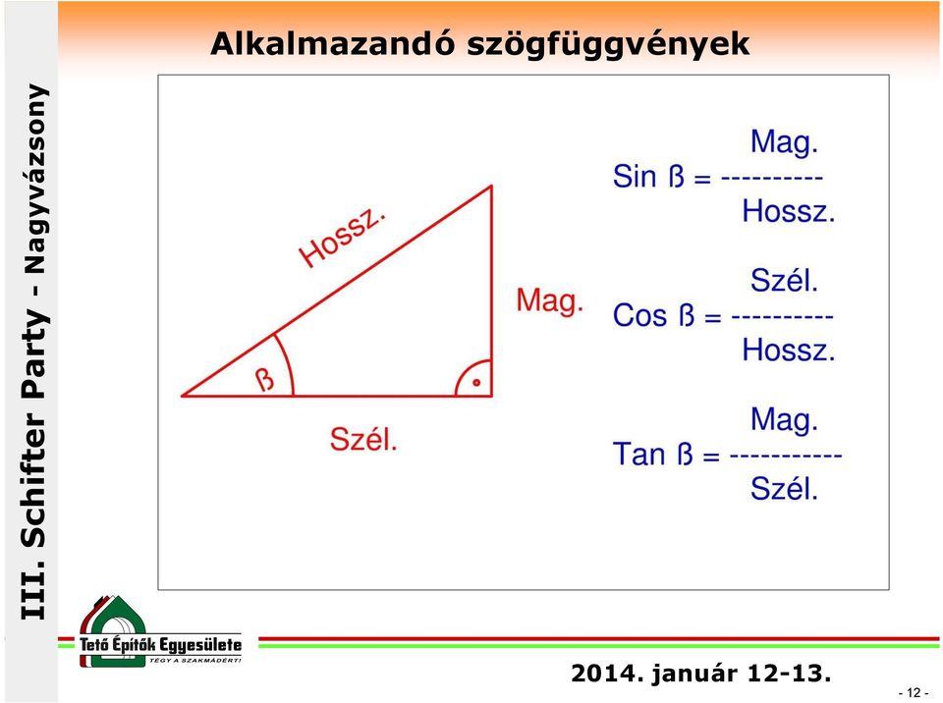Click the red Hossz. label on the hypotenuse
(342, 239)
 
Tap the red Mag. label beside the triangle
(550, 300)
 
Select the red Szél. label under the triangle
(363, 439)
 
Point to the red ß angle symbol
(264, 379)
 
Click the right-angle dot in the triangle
(476, 383)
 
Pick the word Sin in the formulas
(635, 177)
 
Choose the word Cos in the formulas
(639, 315)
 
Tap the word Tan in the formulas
(639, 454)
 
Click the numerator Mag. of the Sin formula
(784, 143)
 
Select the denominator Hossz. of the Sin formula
(789, 211)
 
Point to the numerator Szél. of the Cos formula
(784, 280)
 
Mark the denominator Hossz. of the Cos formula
(789, 350)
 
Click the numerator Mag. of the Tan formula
(784, 420)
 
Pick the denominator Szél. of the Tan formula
(784, 488)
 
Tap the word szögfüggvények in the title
(608, 45)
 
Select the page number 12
(914, 693)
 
